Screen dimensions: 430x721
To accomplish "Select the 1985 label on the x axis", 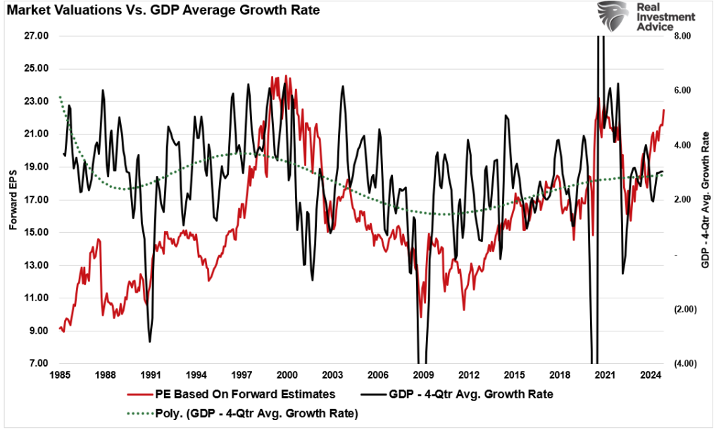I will coord(59,375).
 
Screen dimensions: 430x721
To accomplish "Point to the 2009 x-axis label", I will coord(422,375).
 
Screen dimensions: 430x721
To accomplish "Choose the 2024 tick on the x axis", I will coord(649,375).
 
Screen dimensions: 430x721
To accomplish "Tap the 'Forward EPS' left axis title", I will coord(13,200).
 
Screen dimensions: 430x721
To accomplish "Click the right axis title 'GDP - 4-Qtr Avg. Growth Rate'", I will coord(705,199).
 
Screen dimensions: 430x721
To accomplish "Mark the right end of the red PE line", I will coord(663,110).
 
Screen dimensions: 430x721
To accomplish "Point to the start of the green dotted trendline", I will coord(60,96).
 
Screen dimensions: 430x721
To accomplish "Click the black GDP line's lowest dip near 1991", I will coord(150,341).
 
